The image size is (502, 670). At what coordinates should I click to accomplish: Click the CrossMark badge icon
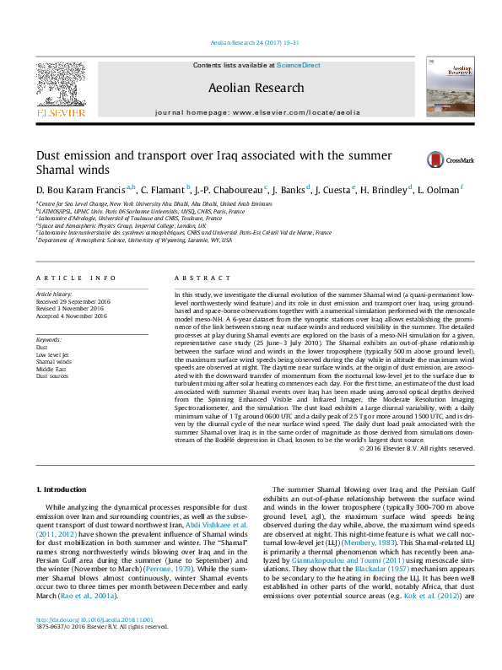click(x=412, y=159)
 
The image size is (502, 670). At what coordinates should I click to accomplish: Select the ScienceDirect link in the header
click(x=298, y=65)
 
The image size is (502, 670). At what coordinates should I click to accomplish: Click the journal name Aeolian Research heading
click(x=256, y=88)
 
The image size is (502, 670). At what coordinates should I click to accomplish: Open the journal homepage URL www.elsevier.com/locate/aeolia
click(x=296, y=111)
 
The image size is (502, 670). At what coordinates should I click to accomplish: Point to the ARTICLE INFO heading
click(x=75, y=278)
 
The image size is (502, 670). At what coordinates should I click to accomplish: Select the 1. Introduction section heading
click(x=64, y=489)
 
